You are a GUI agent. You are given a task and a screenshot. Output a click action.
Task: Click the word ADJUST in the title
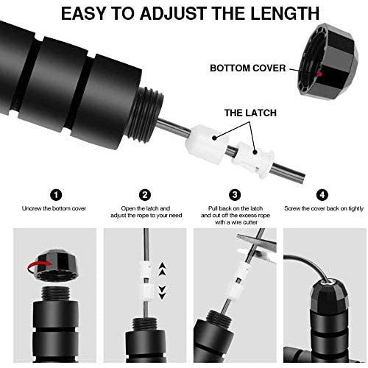pos(174,13)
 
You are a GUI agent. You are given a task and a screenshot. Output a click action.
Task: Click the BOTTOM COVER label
pos(248,68)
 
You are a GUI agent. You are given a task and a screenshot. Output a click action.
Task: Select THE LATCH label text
pos(250,113)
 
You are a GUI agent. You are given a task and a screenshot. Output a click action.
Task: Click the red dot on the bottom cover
pos(319,74)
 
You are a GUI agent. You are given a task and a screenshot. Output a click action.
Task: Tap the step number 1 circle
pos(56,195)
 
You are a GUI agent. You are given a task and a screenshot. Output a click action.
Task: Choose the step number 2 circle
pos(145,195)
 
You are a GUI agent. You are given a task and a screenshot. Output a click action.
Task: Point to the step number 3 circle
pos(235,195)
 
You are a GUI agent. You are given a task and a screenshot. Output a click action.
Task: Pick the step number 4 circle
pos(322,195)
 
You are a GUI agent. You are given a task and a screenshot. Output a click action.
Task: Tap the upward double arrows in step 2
pos(163,269)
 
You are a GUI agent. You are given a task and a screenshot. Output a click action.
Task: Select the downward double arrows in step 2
pos(162,292)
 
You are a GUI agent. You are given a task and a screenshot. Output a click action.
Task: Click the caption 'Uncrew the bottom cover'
pos(54,208)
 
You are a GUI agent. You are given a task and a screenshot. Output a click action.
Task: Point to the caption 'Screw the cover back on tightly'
pos(324,208)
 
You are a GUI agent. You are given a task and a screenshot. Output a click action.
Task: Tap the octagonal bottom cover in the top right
pos(328,61)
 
